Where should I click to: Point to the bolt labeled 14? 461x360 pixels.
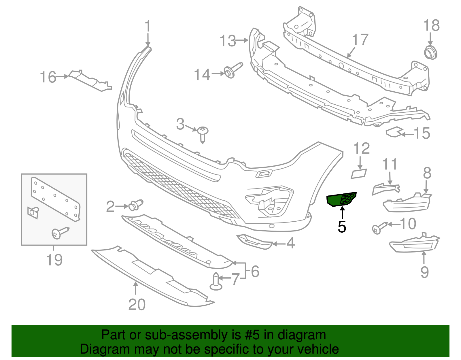coord(232,71)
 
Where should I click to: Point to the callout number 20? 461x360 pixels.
coord(137,304)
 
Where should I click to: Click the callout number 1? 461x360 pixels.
coord(148,26)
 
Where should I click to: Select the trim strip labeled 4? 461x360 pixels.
coord(255,241)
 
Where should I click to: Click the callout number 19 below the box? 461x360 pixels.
coord(54,260)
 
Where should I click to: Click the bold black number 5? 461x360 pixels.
coord(342,227)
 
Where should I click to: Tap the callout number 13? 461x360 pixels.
coord(228,41)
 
